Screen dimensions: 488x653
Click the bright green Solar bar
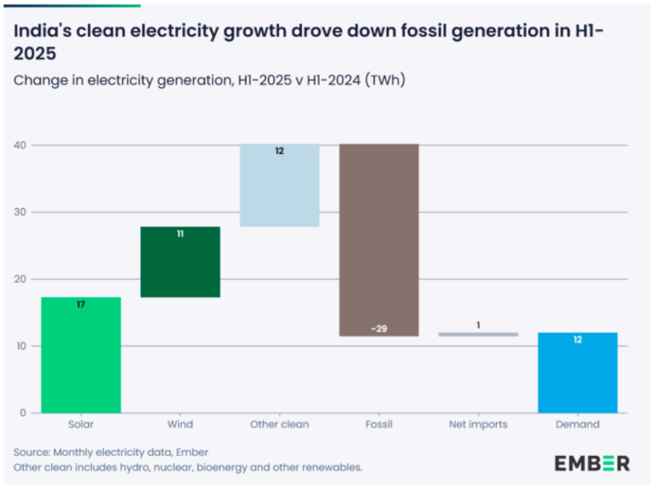tap(80, 354)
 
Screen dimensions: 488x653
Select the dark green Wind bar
tap(180, 262)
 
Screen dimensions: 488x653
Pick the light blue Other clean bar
tap(279, 186)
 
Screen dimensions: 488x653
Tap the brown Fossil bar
tap(379, 240)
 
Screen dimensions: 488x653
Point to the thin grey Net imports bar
tap(478, 334)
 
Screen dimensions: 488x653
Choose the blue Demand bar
tap(577, 372)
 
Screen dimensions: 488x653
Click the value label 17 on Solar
tap(81, 305)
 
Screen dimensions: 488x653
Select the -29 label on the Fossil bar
tap(379, 329)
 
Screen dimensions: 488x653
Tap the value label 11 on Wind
tap(180, 234)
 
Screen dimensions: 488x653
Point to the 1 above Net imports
tap(478, 325)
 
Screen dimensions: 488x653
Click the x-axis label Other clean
tap(279, 424)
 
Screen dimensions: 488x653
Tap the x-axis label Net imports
tap(478, 424)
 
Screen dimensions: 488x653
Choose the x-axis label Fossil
tap(379, 424)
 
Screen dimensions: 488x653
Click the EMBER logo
tap(592, 463)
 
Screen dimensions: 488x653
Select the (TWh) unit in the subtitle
tap(385, 80)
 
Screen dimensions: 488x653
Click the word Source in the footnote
tap(31, 452)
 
